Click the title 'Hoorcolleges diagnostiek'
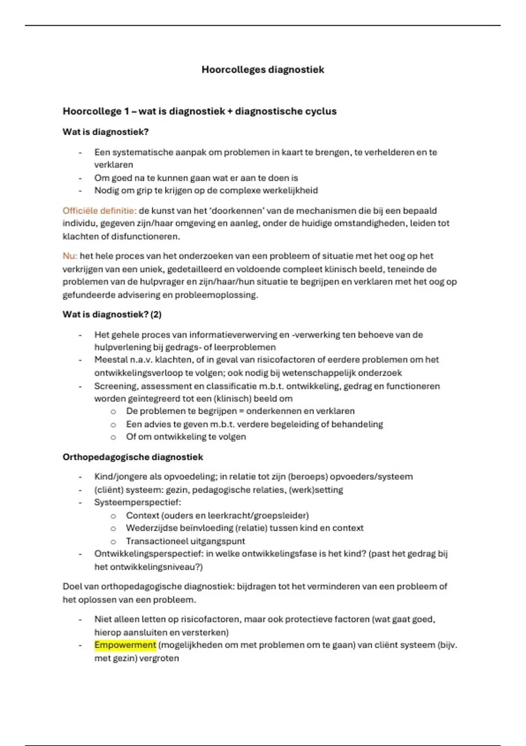[x=263, y=69]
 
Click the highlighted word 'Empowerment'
[x=125, y=645]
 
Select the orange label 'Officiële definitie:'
[x=100, y=211]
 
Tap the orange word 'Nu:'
[x=70, y=256]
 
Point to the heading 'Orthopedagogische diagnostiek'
[x=133, y=457]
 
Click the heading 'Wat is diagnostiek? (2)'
[x=112, y=314]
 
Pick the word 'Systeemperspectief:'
[x=138, y=502]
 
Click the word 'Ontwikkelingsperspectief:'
[x=149, y=554]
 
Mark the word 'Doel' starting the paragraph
[x=71, y=587]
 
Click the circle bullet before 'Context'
[x=113, y=516]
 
